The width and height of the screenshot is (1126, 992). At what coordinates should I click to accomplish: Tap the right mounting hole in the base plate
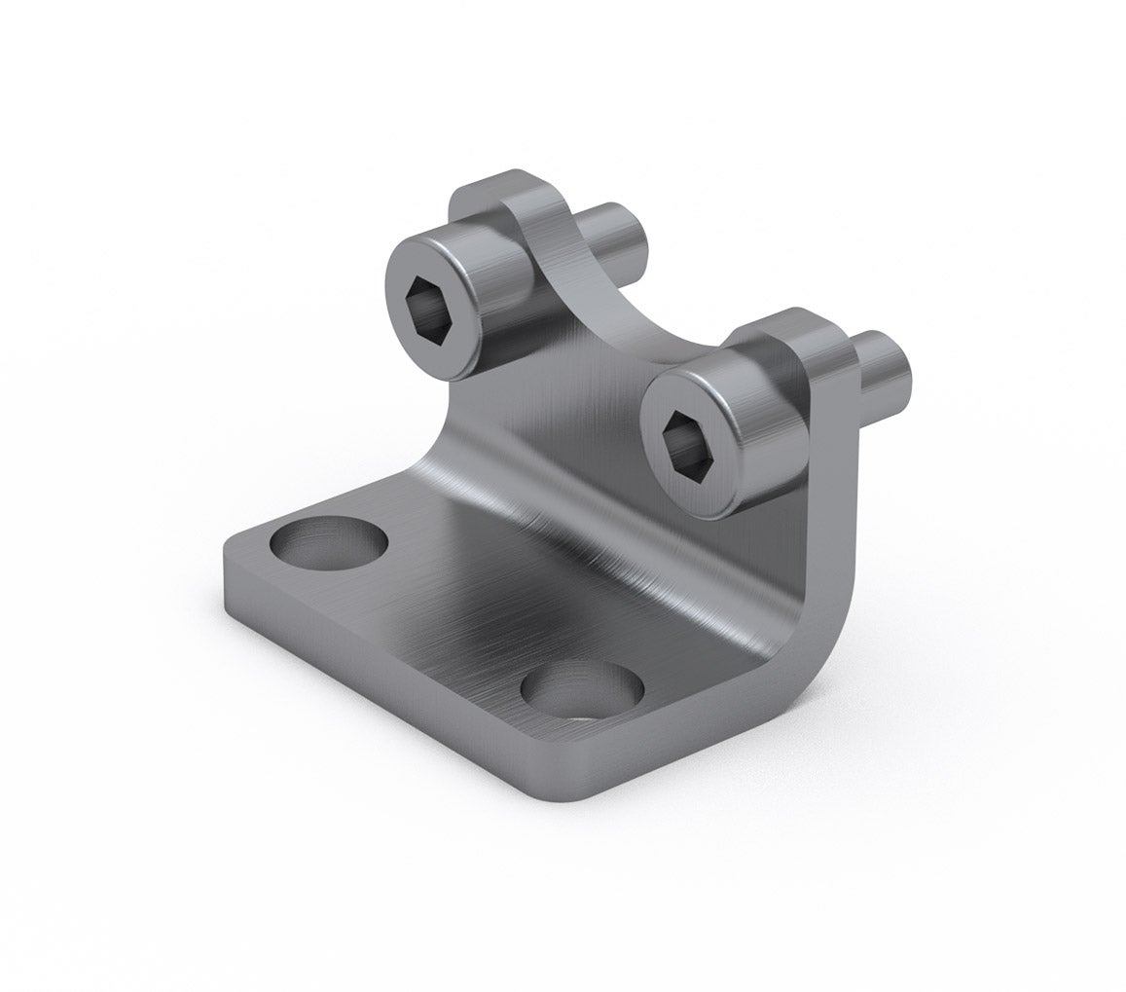(582, 689)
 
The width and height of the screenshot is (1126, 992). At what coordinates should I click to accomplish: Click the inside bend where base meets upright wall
(603, 545)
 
